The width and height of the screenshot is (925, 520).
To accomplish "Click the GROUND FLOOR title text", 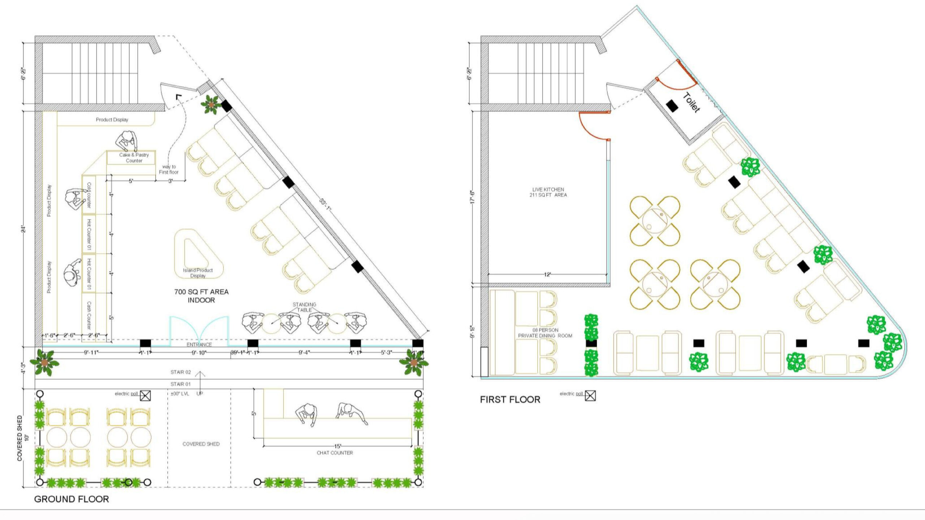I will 71,499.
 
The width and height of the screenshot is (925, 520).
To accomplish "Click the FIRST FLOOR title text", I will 510,399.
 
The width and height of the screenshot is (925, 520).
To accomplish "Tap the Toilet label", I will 692,103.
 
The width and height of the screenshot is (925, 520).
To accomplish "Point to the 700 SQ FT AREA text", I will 201,292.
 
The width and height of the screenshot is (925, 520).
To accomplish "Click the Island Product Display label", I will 198,273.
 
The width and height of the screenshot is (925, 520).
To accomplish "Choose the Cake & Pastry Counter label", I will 134,157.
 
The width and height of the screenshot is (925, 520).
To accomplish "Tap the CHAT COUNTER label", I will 335,453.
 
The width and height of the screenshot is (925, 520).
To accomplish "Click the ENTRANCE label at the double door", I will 199,344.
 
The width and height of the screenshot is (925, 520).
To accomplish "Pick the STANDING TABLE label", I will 304,307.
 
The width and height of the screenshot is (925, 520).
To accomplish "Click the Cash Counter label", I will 89,315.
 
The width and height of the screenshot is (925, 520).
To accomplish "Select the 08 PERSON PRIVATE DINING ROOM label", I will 545,333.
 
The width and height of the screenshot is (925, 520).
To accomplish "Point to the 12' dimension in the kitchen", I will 547,275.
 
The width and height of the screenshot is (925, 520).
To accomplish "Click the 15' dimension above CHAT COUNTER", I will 337,446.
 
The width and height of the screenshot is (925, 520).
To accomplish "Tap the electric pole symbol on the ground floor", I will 145,396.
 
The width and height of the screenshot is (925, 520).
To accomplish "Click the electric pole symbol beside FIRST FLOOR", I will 590,396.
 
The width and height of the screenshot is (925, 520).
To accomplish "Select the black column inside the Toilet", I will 672,105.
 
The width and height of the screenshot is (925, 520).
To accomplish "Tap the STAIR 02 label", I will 180,372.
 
